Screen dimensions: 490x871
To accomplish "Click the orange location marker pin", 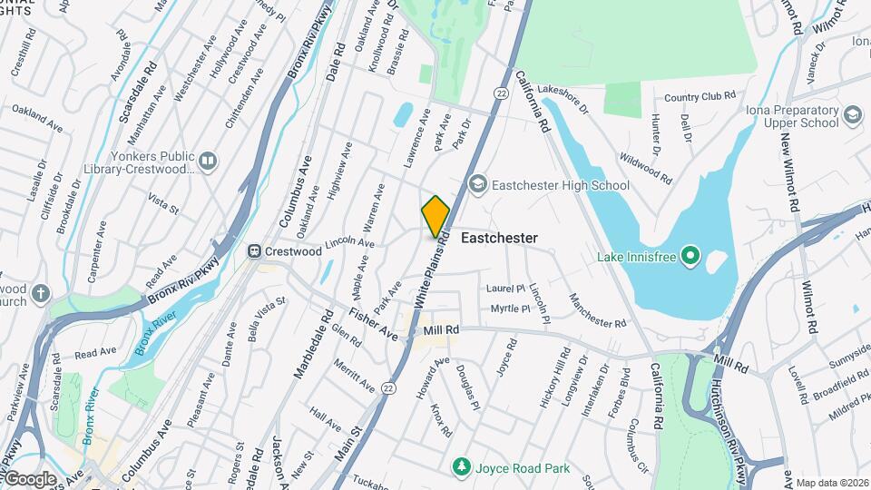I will click(x=435, y=216).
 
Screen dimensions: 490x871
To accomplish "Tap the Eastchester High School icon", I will click(x=478, y=185).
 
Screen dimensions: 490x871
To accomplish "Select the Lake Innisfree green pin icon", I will click(x=690, y=257).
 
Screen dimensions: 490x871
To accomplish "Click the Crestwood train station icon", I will click(x=257, y=250).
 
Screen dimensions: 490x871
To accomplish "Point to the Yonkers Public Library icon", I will click(x=208, y=162).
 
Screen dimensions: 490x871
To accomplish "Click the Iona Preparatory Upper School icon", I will click(x=852, y=115).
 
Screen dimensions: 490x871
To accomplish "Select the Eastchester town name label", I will click(x=499, y=238).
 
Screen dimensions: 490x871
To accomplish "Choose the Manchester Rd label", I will click(x=597, y=310).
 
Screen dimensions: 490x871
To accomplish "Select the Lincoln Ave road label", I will click(x=348, y=243).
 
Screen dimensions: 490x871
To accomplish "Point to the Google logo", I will click(x=30, y=478).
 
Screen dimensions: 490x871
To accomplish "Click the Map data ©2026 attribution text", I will click(x=832, y=483).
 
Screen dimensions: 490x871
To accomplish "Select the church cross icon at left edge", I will click(x=40, y=292).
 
